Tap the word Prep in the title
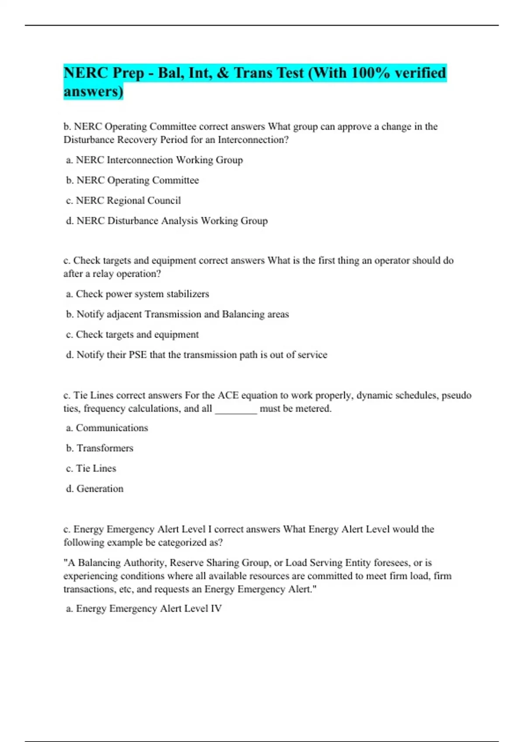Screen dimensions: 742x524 coord(128,73)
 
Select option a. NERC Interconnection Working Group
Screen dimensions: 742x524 coord(154,160)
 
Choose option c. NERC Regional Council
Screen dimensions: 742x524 coord(123,201)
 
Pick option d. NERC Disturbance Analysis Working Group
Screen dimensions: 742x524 coord(166,221)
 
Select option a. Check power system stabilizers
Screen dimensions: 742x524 coord(137,294)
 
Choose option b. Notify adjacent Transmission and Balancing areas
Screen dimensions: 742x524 coord(177,314)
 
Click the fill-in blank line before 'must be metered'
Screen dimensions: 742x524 coord(236,409)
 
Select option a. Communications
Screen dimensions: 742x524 coord(107,428)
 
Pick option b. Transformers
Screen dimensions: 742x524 coord(100,448)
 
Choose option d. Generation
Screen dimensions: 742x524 coord(95,489)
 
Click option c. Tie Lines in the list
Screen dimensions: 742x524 coord(91,469)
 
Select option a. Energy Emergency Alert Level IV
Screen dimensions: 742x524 coord(144,609)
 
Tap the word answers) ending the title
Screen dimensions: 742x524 coord(93,92)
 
